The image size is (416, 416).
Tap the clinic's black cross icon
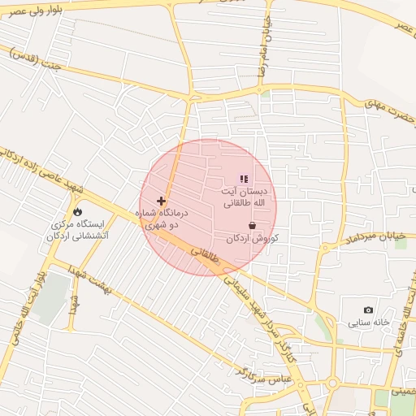pyautogui.click(x=161, y=201)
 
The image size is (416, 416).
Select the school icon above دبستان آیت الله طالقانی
pyautogui.click(x=242, y=179)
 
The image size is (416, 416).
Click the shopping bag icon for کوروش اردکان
pyautogui.click(x=252, y=225)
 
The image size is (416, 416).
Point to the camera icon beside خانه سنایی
pyautogui.click(x=369, y=310)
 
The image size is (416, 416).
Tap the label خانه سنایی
pyautogui.click(x=370, y=322)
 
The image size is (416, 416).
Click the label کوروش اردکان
pyautogui.click(x=253, y=238)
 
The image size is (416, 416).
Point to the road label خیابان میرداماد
pyautogui.click(x=375, y=239)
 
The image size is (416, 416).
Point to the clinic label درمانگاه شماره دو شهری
pyautogui.click(x=166, y=219)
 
